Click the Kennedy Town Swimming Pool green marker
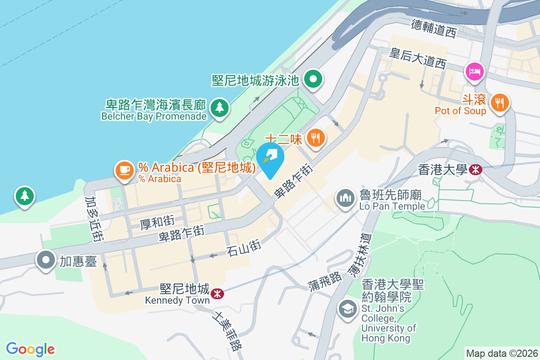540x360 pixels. [x=314, y=80]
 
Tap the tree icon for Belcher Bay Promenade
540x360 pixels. [x=219, y=108]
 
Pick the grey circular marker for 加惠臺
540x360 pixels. [x=46, y=260]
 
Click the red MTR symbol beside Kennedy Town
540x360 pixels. [x=217, y=294]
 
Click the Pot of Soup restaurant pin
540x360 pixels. [x=499, y=102]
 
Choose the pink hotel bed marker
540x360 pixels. [x=475, y=71]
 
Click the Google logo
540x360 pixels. [x=30, y=349]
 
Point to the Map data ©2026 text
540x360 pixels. [x=501, y=353]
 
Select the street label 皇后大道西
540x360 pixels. [x=418, y=58]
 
